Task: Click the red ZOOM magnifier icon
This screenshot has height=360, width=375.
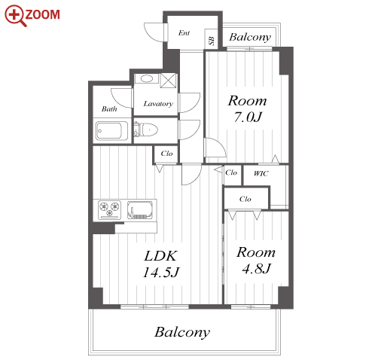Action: (x=15, y=16)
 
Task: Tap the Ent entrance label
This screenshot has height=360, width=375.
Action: (x=184, y=33)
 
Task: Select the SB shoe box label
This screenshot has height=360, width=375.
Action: (x=212, y=41)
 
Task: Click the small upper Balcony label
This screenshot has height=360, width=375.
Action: (x=250, y=37)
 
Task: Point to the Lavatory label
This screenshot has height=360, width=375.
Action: (x=158, y=104)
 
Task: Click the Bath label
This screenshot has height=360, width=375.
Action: (x=109, y=109)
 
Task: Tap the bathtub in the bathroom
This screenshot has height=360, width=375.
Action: (x=112, y=131)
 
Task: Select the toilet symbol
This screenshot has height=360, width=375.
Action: (x=146, y=130)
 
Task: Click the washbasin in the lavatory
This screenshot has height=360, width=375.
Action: (x=147, y=79)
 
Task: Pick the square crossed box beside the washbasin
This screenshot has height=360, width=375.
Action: (x=169, y=81)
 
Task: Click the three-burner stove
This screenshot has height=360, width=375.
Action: (x=109, y=209)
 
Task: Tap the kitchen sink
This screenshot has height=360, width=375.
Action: (x=140, y=210)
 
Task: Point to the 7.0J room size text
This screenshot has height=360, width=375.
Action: (x=248, y=117)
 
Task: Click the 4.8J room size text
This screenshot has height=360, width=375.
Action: (x=256, y=268)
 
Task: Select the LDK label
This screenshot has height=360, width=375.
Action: (x=160, y=256)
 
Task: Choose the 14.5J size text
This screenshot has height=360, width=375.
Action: (x=160, y=272)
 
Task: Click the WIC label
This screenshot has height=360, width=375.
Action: (x=261, y=173)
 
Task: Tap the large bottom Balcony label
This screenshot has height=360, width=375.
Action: (x=182, y=332)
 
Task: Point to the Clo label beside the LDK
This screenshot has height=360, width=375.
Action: (x=166, y=154)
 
